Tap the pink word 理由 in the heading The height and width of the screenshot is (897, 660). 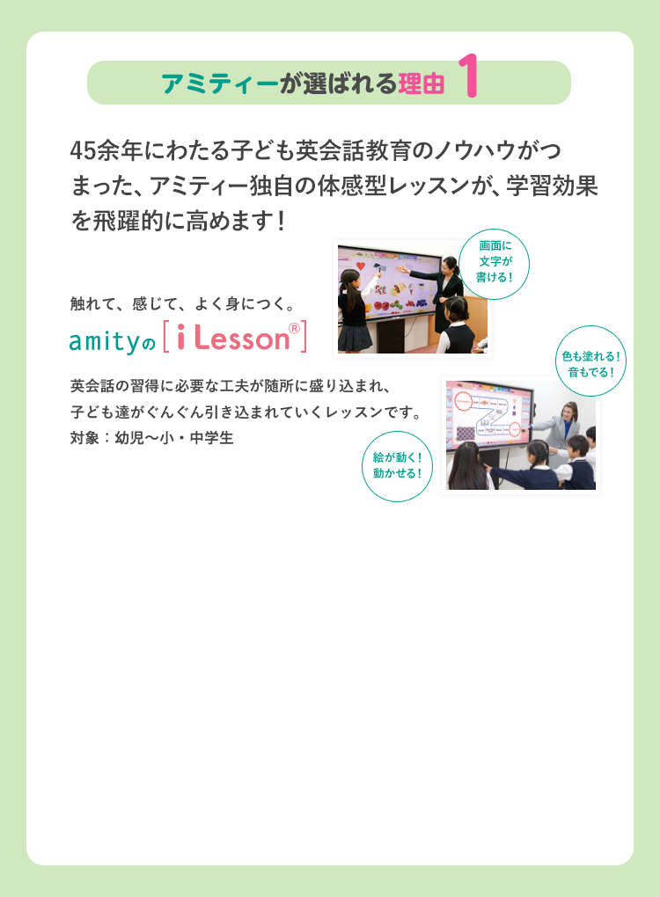point(422,84)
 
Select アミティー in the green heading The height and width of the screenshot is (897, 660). point(220,84)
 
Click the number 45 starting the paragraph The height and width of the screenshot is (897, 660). point(83,150)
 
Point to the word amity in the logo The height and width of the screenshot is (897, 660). point(105,341)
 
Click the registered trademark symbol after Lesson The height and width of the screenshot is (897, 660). point(294,328)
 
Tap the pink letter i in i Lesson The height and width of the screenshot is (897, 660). point(181,338)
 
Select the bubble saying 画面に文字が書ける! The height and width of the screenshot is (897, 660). point(494,265)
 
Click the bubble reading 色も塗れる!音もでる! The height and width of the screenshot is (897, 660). point(590,361)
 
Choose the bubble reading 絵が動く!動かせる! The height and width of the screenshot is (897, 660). point(397,466)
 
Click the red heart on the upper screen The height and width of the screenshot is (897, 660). point(361,266)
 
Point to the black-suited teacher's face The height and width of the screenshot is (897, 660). point(447,267)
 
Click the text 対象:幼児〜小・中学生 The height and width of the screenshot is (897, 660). point(151,438)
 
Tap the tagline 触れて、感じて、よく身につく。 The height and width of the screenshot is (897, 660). point(183,303)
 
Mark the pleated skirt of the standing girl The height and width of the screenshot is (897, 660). point(355,338)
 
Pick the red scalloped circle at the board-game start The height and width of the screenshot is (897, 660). point(462,401)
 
